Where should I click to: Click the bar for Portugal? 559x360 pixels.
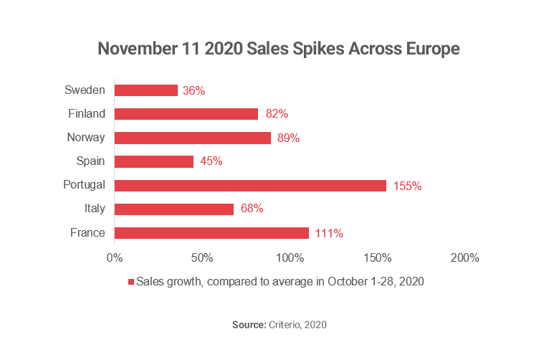[x=250, y=185]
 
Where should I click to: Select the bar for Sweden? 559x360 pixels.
[x=146, y=90]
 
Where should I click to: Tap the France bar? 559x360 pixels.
[x=211, y=232]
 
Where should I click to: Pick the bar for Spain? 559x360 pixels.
[x=154, y=161]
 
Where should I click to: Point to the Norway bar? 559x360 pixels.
[x=193, y=138]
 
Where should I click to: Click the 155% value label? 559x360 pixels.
[x=407, y=186]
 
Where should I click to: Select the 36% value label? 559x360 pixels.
[x=193, y=90]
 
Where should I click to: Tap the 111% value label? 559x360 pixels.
[x=329, y=233]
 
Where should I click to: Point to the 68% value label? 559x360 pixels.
[x=252, y=209]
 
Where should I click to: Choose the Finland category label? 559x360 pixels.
[x=86, y=113]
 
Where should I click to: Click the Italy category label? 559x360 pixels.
[x=93, y=208]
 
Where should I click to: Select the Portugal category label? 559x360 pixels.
[x=85, y=184]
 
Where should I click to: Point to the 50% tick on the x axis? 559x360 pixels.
[x=202, y=257]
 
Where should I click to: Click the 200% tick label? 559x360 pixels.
[x=465, y=257]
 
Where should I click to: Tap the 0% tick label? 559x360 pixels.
[x=115, y=257]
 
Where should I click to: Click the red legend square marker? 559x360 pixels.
[x=131, y=282]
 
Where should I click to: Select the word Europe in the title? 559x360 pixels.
[x=425, y=49]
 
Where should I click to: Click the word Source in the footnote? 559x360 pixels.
[x=248, y=325]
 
